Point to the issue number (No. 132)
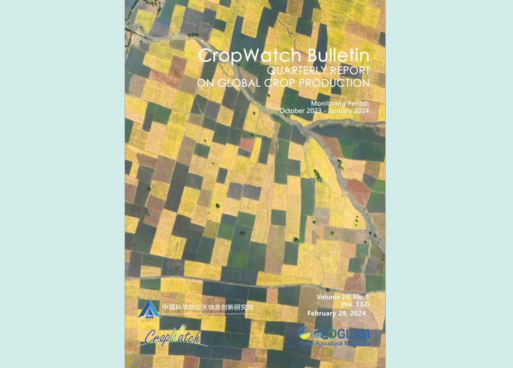(x=355, y=304)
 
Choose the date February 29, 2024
(x=336, y=313)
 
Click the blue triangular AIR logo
(x=149, y=309)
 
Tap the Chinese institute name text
(x=208, y=307)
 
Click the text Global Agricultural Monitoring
(x=334, y=343)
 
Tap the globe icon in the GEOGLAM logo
(x=304, y=333)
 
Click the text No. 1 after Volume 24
(x=361, y=297)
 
